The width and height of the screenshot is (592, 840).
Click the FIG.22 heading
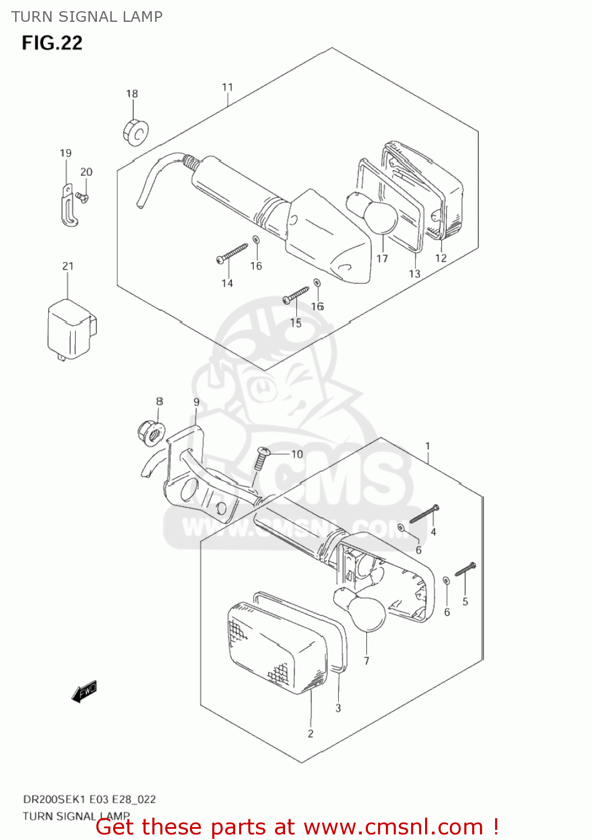click(x=52, y=43)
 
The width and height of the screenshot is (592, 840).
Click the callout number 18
click(x=132, y=94)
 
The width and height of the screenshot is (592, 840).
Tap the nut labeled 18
click(x=136, y=132)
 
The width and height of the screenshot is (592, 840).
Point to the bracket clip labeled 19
click(x=68, y=207)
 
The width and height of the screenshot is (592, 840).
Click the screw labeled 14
click(x=232, y=253)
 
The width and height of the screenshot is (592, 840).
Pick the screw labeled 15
click(x=296, y=295)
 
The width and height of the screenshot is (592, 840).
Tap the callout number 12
click(x=441, y=258)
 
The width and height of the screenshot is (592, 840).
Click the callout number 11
click(x=227, y=87)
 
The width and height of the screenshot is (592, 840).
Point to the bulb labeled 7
click(x=362, y=610)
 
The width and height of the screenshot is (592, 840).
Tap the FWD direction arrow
click(x=85, y=692)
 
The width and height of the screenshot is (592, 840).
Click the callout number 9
click(x=197, y=402)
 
